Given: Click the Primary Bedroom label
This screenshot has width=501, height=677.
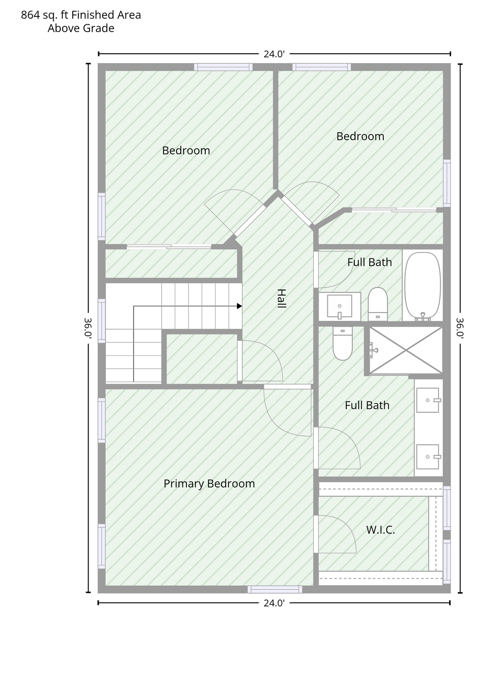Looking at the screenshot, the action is point(209,484).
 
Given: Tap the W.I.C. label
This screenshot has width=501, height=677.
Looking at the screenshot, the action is point(380,530).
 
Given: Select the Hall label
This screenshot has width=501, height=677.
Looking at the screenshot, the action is point(281,298).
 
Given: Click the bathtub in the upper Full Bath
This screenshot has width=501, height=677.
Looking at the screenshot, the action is point(423,286).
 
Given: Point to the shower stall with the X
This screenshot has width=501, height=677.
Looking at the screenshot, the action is point(406,350).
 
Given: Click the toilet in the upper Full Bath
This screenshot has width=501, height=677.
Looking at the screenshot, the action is point(378,304).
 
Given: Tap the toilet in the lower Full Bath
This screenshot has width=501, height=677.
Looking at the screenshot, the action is point(343,343).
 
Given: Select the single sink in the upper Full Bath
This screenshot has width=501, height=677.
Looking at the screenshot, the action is point(340,306).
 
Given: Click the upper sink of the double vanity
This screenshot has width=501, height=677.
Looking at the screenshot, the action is point(428,400).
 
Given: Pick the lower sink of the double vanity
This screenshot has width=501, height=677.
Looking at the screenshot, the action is point(428,457).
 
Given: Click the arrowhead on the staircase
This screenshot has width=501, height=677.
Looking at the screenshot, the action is point(240,306).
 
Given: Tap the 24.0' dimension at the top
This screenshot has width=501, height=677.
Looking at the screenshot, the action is point(274,54).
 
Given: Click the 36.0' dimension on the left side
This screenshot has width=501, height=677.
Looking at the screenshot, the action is point(88,328).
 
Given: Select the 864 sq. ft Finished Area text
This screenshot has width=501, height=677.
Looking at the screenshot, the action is point(81,15).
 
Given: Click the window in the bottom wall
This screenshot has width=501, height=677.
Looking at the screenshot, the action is point(275,589).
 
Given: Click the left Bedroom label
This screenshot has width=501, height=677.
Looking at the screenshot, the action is point(186,150).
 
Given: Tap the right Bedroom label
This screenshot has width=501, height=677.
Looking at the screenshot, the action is point(360,136).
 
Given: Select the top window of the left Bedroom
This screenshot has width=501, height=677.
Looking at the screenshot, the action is point(223,67).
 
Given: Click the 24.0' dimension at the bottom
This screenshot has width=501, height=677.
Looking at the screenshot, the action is point(274,603).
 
